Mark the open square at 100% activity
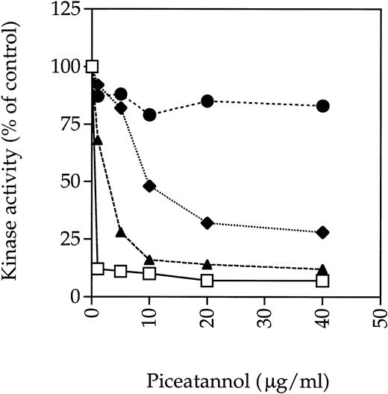coord(93,66)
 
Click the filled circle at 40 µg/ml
coord(323,106)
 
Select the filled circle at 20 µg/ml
coord(207,101)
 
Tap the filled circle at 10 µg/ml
coord(150,115)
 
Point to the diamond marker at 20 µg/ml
coord(207,222)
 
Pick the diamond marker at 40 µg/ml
coord(323,232)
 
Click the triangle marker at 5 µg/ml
coord(121,232)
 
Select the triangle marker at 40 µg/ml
coord(323,269)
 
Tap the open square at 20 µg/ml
coord(207,281)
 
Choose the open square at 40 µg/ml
coord(323,281)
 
